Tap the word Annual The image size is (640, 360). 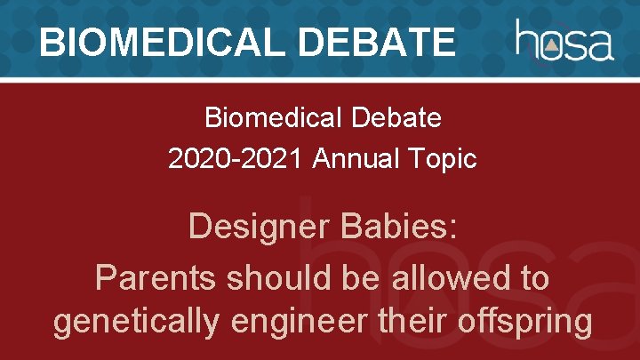point(366,159)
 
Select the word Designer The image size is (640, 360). point(258,228)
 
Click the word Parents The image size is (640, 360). point(155,278)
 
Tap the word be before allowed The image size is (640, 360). point(359,278)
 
